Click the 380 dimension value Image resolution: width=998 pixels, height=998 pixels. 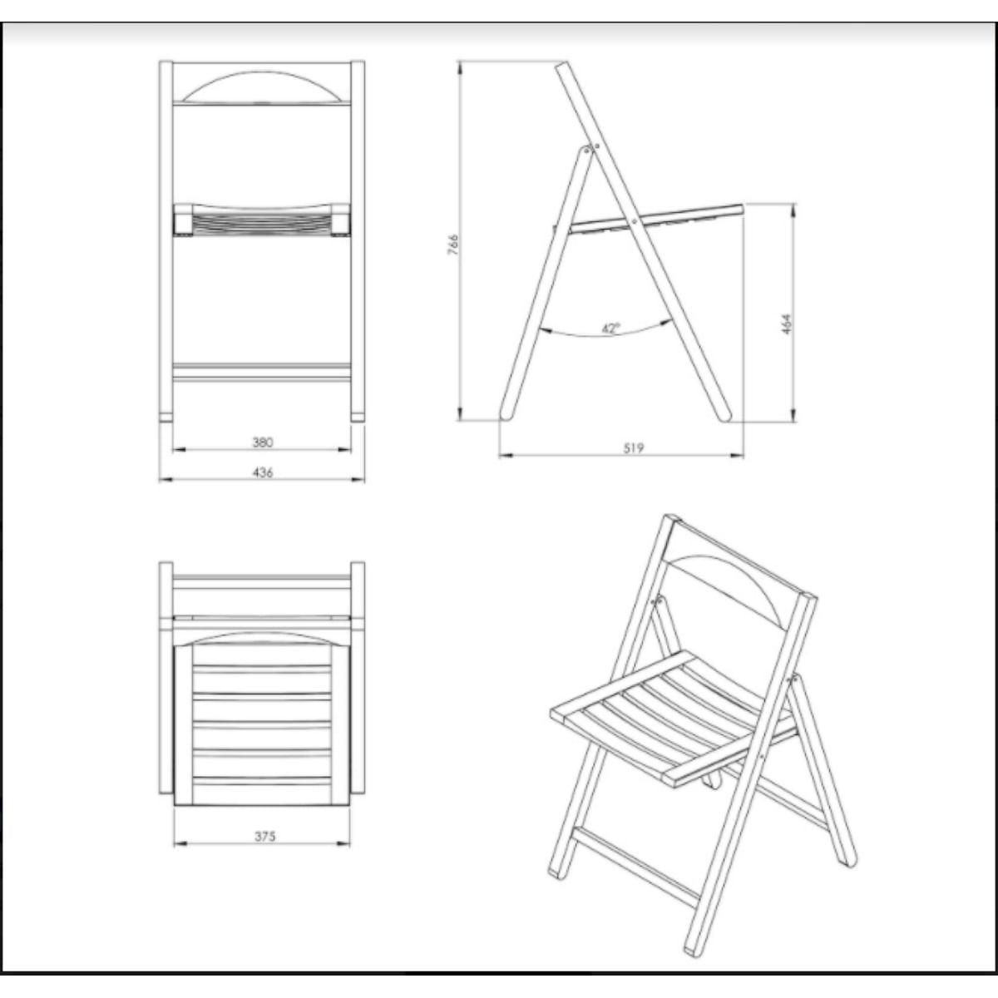pos(263,442)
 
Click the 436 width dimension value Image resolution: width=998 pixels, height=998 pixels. pos(263,472)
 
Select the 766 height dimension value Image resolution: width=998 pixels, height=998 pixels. pos(453,245)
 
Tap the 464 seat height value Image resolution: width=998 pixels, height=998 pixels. pos(786,324)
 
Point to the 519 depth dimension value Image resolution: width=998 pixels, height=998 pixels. pos(634,448)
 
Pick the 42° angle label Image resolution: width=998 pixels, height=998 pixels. pos(611,329)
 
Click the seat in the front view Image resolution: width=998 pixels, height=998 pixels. pos(262,220)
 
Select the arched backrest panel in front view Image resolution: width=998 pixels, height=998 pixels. pos(262,86)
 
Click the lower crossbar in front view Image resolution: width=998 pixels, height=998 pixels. pos(262,373)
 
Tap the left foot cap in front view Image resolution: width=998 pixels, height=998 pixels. pos(166,417)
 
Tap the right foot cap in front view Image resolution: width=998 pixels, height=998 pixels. pos(358,417)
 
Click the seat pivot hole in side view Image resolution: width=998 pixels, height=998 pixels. pos(635,221)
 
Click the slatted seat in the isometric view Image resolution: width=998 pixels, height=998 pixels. pos(674,717)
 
